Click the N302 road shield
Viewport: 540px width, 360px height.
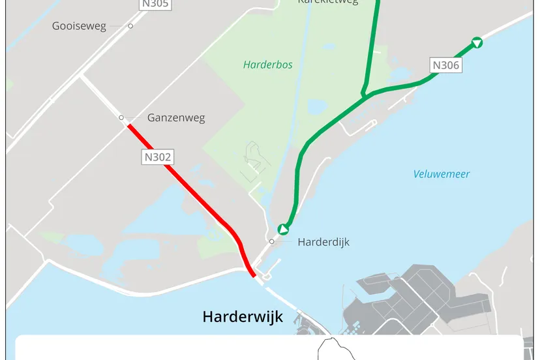click(x=157, y=157)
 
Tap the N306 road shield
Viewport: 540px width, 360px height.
click(x=446, y=65)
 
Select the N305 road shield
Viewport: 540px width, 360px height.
click(x=155, y=5)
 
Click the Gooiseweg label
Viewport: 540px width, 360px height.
click(x=79, y=26)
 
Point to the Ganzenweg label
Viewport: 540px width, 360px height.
click(x=176, y=118)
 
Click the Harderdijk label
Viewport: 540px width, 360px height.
click(x=323, y=242)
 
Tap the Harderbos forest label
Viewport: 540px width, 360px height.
click(x=267, y=65)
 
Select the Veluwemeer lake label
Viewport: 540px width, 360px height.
click(x=442, y=174)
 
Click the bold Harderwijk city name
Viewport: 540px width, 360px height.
click(x=243, y=318)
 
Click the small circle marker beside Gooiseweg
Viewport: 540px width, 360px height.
click(x=130, y=26)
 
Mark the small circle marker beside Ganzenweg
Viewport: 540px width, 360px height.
click(x=121, y=117)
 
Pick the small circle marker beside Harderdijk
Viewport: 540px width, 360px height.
click(x=272, y=241)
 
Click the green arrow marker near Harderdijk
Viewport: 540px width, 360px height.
click(x=283, y=229)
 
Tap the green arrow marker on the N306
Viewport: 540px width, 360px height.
click(x=477, y=43)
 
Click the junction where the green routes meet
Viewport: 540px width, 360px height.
click(x=365, y=95)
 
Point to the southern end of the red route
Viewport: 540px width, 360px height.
click(x=253, y=275)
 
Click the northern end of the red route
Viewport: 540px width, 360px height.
click(x=128, y=125)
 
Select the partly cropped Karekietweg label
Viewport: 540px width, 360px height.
click(x=327, y=2)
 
